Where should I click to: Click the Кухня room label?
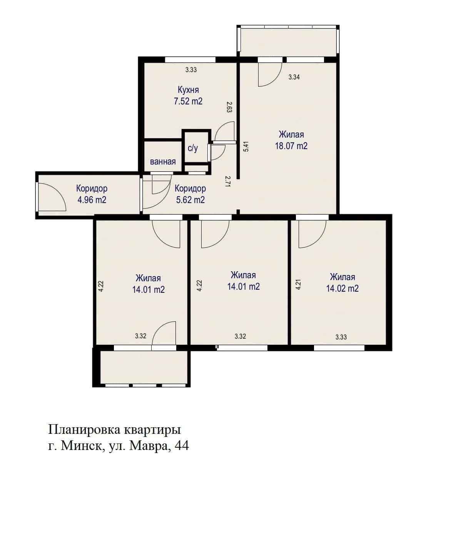(x=188, y=90)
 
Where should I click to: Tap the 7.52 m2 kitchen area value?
(x=188, y=101)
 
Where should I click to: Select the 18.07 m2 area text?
(x=291, y=146)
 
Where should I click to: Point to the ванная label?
(x=163, y=162)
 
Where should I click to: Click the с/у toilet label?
(x=193, y=148)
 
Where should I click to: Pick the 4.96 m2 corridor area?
(x=92, y=200)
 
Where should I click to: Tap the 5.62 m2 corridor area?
(x=190, y=200)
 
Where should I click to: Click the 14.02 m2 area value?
(x=342, y=289)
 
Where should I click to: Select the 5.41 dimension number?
(x=246, y=146)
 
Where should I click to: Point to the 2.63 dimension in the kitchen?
(x=229, y=107)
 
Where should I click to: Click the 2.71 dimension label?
(x=228, y=181)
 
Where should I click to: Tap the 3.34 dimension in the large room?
(x=294, y=77)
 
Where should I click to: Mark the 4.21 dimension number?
(x=298, y=284)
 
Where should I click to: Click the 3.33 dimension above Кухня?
(x=191, y=70)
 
